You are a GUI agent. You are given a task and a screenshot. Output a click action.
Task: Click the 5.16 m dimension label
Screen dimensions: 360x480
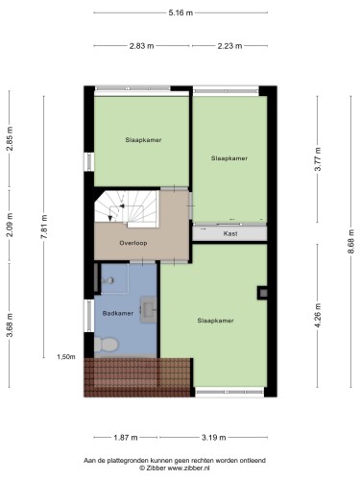(180, 12)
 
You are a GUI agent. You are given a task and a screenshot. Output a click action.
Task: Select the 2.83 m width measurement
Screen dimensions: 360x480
(141, 46)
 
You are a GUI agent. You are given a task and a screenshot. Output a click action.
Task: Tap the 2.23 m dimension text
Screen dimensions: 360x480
(229, 46)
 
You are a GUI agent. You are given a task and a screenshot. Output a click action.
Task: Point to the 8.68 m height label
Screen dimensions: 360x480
(351, 242)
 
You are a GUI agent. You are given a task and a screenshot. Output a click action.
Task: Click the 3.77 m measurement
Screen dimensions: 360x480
(318, 159)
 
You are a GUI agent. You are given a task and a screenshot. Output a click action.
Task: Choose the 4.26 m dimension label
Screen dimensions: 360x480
(318, 315)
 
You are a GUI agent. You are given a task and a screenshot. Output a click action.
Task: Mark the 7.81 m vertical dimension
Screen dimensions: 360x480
(44, 227)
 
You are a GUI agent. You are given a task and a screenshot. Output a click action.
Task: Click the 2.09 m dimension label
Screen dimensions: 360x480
(10, 225)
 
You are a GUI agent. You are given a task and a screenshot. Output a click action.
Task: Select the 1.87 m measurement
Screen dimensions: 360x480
(126, 437)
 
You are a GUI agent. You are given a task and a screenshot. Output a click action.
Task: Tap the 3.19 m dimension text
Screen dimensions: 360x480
(213, 437)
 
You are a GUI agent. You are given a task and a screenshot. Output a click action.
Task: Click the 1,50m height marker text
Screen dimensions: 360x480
(66, 357)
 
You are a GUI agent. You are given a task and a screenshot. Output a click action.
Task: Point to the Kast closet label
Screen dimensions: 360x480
(230, 233)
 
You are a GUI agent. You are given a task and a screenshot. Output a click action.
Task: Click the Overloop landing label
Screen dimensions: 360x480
(133, 243)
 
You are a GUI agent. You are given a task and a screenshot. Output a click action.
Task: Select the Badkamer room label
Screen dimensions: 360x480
(118, 313)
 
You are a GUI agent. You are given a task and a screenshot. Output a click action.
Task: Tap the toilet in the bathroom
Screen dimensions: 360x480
(107, 345)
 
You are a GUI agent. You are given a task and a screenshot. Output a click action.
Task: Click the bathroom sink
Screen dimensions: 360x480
(149, 309)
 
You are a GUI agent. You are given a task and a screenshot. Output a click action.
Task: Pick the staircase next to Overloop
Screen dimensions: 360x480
(127, 208)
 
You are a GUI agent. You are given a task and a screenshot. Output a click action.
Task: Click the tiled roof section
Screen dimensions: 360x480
(137, 377)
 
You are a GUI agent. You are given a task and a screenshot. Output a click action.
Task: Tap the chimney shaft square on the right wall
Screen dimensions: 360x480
(262, 293)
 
